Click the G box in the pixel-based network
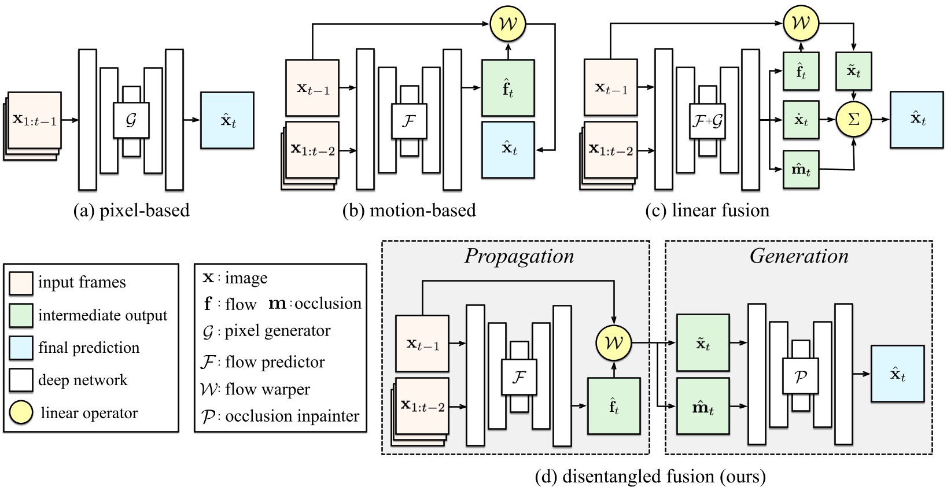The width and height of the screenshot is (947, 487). (131, 120)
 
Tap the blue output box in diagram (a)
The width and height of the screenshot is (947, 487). (227, 120)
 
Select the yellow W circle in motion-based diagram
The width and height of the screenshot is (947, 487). (508, 24)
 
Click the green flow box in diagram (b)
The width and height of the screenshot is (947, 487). (508, 88)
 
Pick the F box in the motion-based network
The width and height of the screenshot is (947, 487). (409, 121)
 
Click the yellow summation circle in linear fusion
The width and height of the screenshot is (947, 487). (853, 120)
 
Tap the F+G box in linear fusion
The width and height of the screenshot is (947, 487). (708, 121)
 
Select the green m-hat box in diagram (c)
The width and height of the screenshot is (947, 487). (801, 169)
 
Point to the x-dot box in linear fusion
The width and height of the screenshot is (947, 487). (801, 120)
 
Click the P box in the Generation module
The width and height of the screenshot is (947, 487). (800, 376)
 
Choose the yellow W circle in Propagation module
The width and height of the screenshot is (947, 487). (613, 343)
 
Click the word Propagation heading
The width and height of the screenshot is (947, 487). (519, 256)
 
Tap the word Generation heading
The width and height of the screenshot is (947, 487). (799, 256)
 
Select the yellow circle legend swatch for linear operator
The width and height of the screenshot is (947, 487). (21, 412)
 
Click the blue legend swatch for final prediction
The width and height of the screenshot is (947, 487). (21, 348)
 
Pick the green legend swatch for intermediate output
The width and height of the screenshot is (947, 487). (21, 315)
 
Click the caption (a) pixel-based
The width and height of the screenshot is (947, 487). (131, 211)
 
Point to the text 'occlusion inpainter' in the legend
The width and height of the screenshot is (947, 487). (292, 416)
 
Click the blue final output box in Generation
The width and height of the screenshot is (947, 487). (897, 374)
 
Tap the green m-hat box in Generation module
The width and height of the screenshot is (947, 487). (703, 406)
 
